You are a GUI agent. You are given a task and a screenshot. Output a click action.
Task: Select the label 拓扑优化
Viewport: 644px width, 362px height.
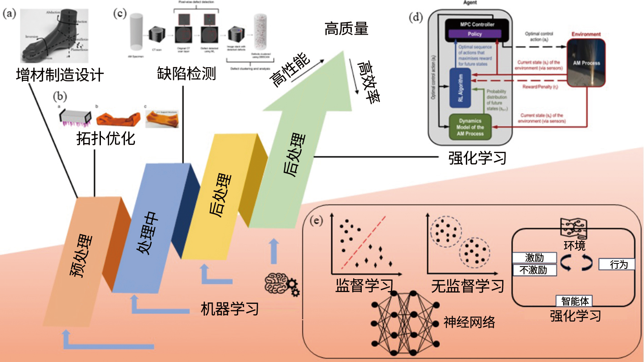[105, 138]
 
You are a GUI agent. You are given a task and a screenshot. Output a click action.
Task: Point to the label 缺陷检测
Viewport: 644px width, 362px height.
[186, 73]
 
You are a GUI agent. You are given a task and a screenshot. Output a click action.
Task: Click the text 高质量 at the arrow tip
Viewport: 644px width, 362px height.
[346, 30]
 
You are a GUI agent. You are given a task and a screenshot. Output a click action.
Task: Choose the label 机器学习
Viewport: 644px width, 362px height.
[230, 309]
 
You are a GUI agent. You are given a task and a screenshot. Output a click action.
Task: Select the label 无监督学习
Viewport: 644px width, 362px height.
[468, 286]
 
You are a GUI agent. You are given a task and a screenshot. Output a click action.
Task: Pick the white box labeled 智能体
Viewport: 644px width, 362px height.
[574, 301]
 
